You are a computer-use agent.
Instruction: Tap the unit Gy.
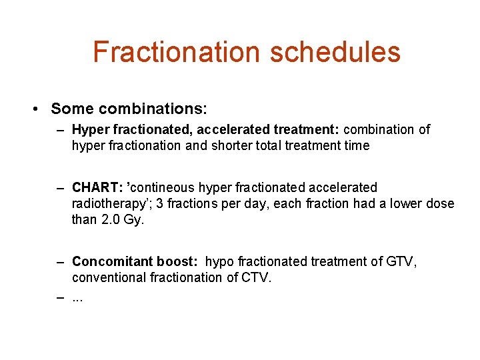pyautogui.click(x=133, y=219)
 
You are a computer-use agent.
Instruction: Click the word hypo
pyautogui.click(x=220, y=262)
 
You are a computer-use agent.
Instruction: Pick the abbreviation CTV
pyautogui.click(x=257, y=277)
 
